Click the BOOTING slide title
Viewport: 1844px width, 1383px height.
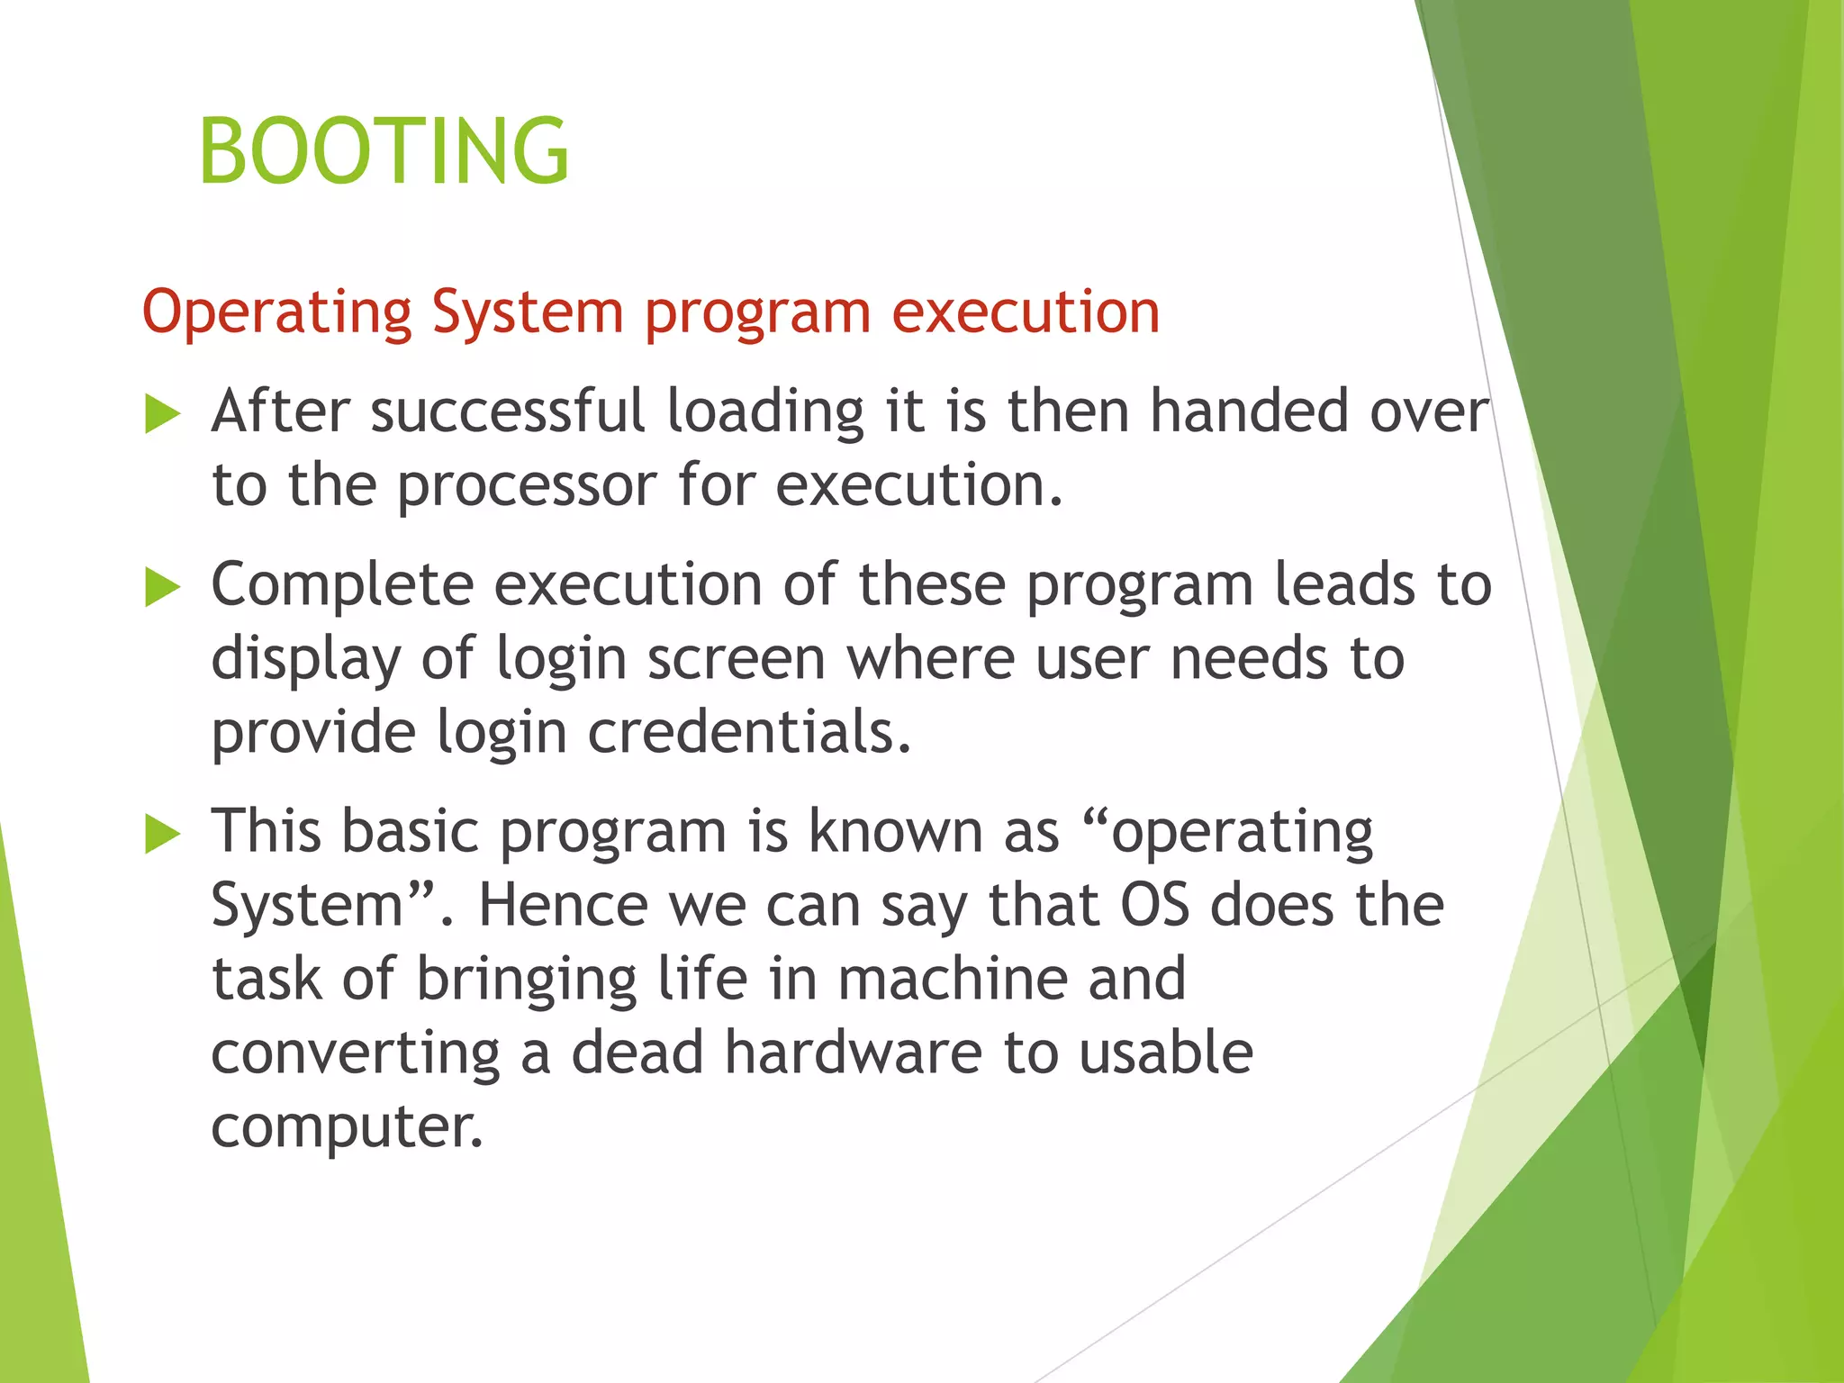coord(384,150)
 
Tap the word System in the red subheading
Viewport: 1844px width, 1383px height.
coord(527,313)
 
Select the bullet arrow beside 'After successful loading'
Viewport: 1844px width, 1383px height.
coord(162,415)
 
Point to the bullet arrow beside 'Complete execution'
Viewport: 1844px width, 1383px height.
coord(162,589)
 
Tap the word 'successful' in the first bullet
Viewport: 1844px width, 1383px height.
coord(508,411)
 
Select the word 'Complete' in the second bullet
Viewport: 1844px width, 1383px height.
coord(342,585)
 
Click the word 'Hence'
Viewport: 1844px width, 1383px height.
coord(563,905)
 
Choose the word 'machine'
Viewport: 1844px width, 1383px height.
coord(953,979)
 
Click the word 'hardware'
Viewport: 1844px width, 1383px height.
coord(854,1053)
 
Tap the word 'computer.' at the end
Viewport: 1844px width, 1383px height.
coord(347,1126)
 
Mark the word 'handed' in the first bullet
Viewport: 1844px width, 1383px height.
coord(1250,411)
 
